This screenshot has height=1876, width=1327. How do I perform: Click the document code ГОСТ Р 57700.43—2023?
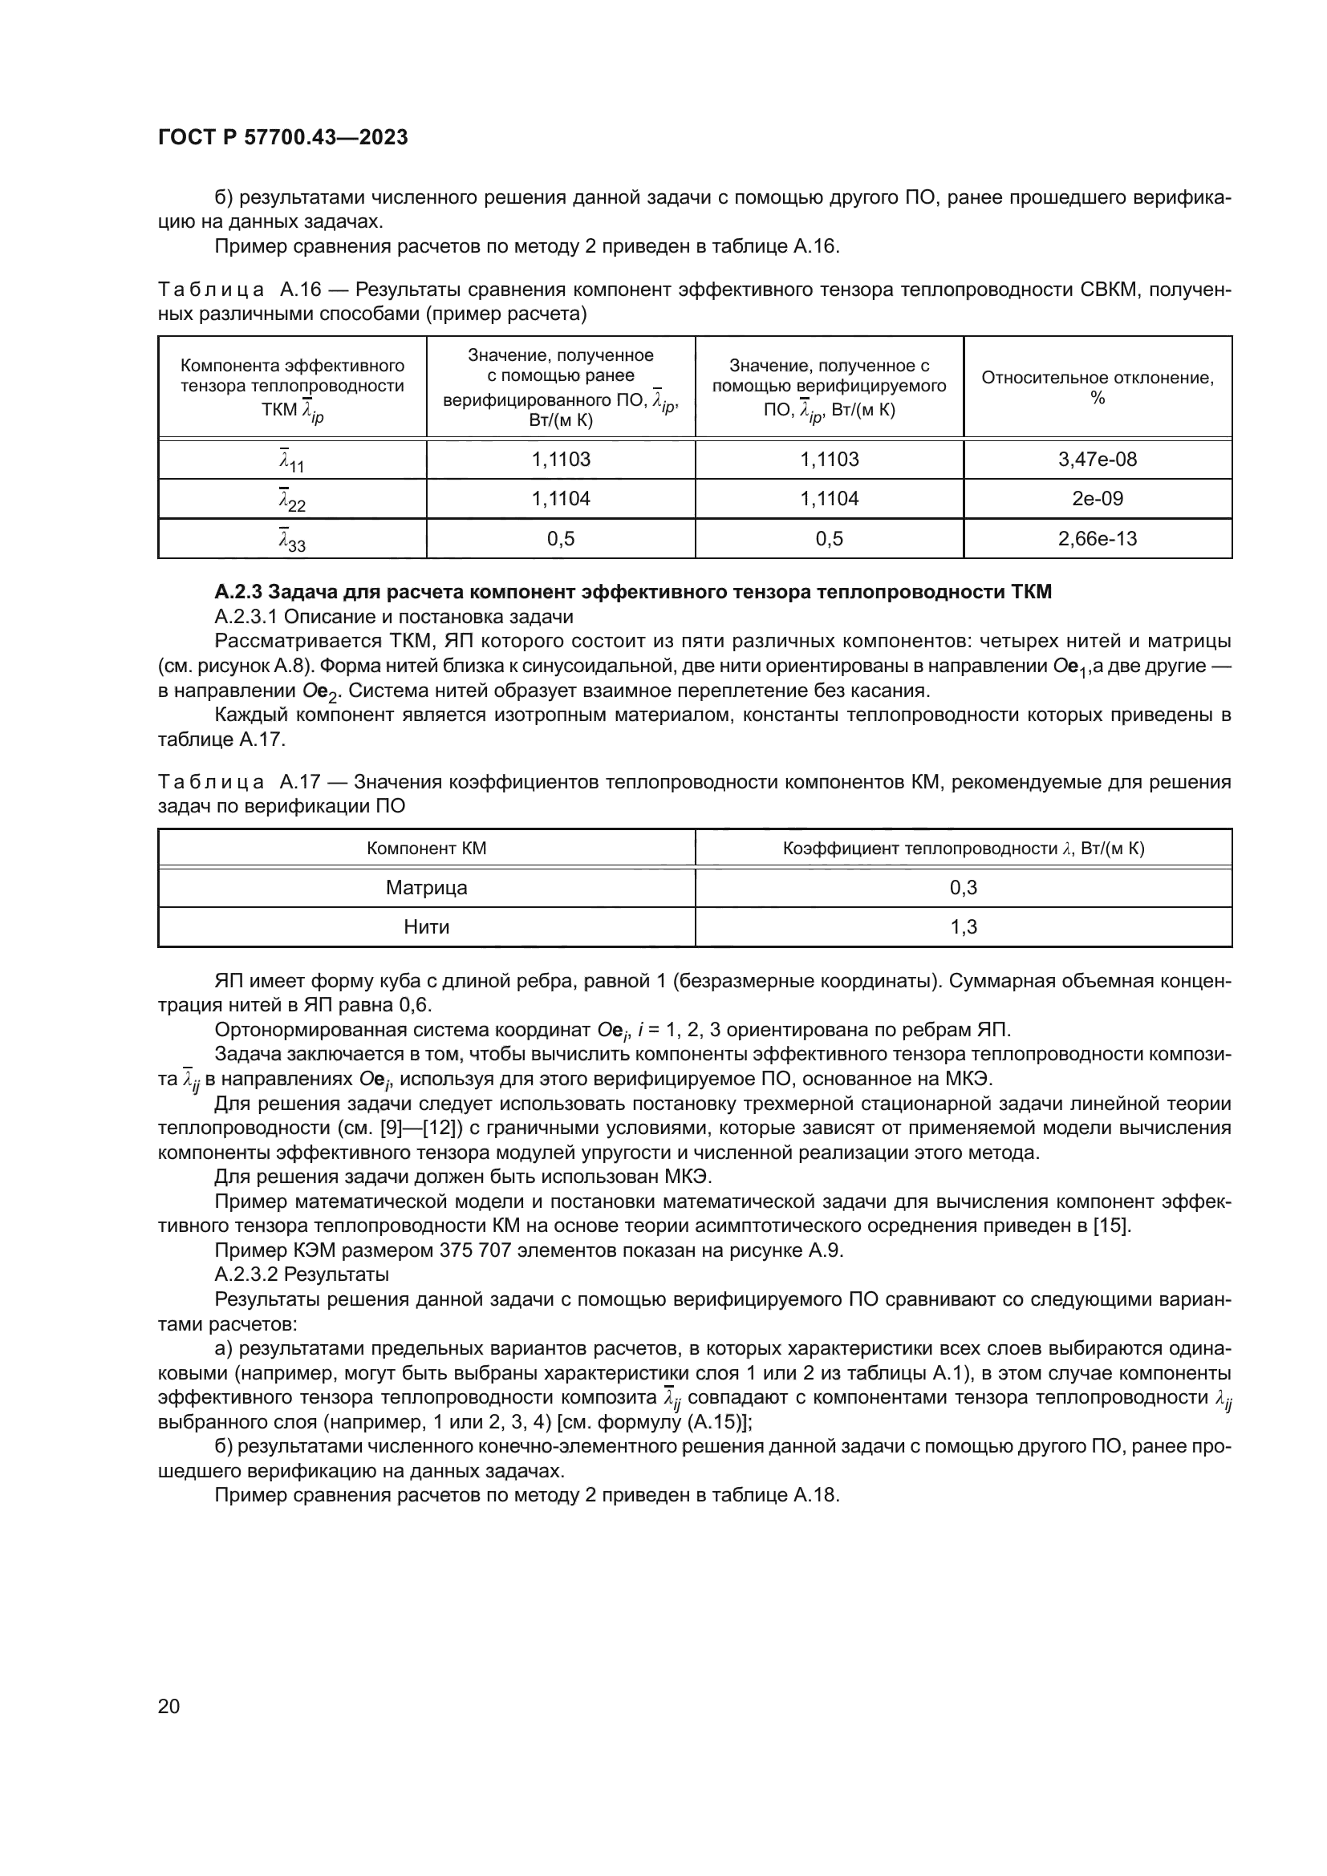click(282, 137)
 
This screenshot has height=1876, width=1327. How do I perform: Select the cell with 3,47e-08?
click(1097, 460)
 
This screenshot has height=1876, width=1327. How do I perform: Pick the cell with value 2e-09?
click(1097, 498)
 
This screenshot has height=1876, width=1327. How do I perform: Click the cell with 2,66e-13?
click(1097, 538)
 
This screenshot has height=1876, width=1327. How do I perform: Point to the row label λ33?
click(292, 540)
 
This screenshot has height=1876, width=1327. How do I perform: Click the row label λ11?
click(292, 461)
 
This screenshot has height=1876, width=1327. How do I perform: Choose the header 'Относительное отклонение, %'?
click(1097, 387)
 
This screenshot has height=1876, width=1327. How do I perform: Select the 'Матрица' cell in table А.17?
click(427, 887)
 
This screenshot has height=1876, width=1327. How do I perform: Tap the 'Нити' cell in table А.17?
click(427, 926)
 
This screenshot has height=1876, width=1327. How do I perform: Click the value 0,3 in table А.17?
click(964, 887)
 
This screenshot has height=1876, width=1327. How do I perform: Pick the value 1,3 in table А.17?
click(964, 926)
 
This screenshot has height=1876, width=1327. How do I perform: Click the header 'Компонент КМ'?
click(427, 848)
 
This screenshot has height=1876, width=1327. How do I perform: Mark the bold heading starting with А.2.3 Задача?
click(633, 592)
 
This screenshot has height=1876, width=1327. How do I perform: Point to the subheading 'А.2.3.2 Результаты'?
click(302, 1274)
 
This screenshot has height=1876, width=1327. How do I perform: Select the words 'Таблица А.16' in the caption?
click(237, 290)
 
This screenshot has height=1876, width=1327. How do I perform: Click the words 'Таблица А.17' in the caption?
click(237, 782)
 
